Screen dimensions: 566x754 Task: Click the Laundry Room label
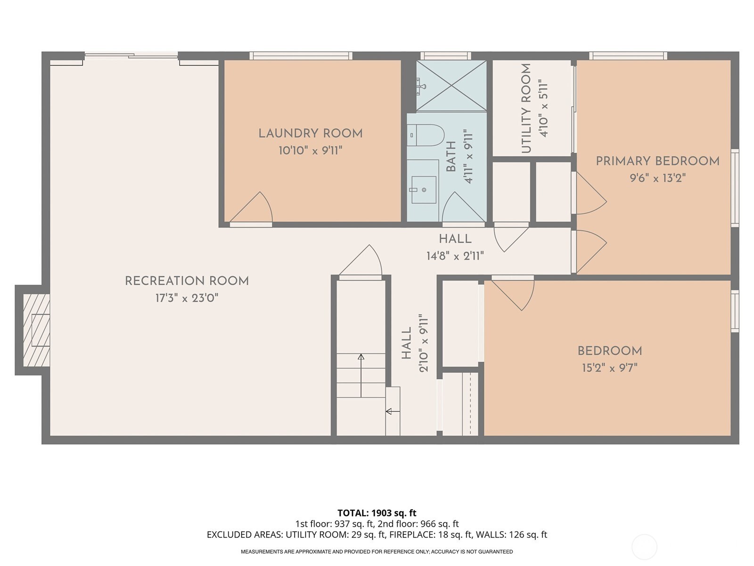pyautogui.click(x=310, y=133)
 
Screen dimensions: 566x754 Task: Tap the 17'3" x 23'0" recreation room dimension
pyautogui.click(x=187, y=298)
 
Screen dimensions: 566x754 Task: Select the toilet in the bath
pyautogui.click(x=425, y=135)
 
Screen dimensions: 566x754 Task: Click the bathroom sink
pyautogui.click(x=423, y=190)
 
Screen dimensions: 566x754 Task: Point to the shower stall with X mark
pyautogui.click(x=451, y=86)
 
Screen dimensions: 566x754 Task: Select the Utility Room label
pyautogui.click(x=526, y=108)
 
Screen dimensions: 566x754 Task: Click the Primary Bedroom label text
pyautogui.click(x=657, y=161)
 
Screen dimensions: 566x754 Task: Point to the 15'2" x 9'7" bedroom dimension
pyautogui.click(x=609, y=368)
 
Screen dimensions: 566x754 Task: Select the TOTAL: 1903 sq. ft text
pyautogui.click(x=377, y=513)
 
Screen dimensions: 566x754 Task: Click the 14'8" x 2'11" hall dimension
pyautogui.click(x=455, y=256)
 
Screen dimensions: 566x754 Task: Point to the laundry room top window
pyautogui.click(x=301, y=56)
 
